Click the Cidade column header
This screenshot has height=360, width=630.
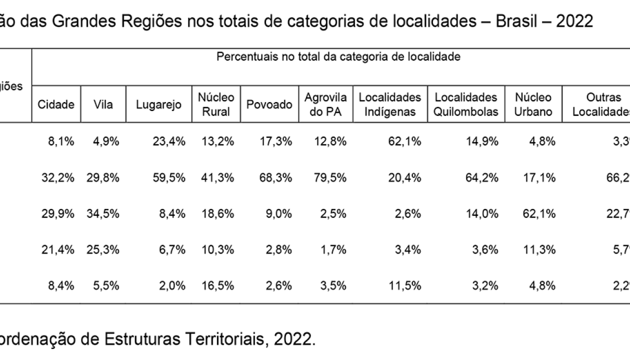tap(56, 104)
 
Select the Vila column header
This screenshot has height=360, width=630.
tap(103, 104)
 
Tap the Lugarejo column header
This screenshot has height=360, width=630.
tap(158, 104)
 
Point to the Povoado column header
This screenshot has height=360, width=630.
tap(269, 104)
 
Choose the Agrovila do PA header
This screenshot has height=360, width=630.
tap(325, 104)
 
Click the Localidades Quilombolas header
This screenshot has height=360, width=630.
tap(466, 104)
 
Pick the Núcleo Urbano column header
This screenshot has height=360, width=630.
tap(533, 104)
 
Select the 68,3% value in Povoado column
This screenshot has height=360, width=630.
tap(278, 178)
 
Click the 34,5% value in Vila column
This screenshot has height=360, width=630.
tap(105, 214)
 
